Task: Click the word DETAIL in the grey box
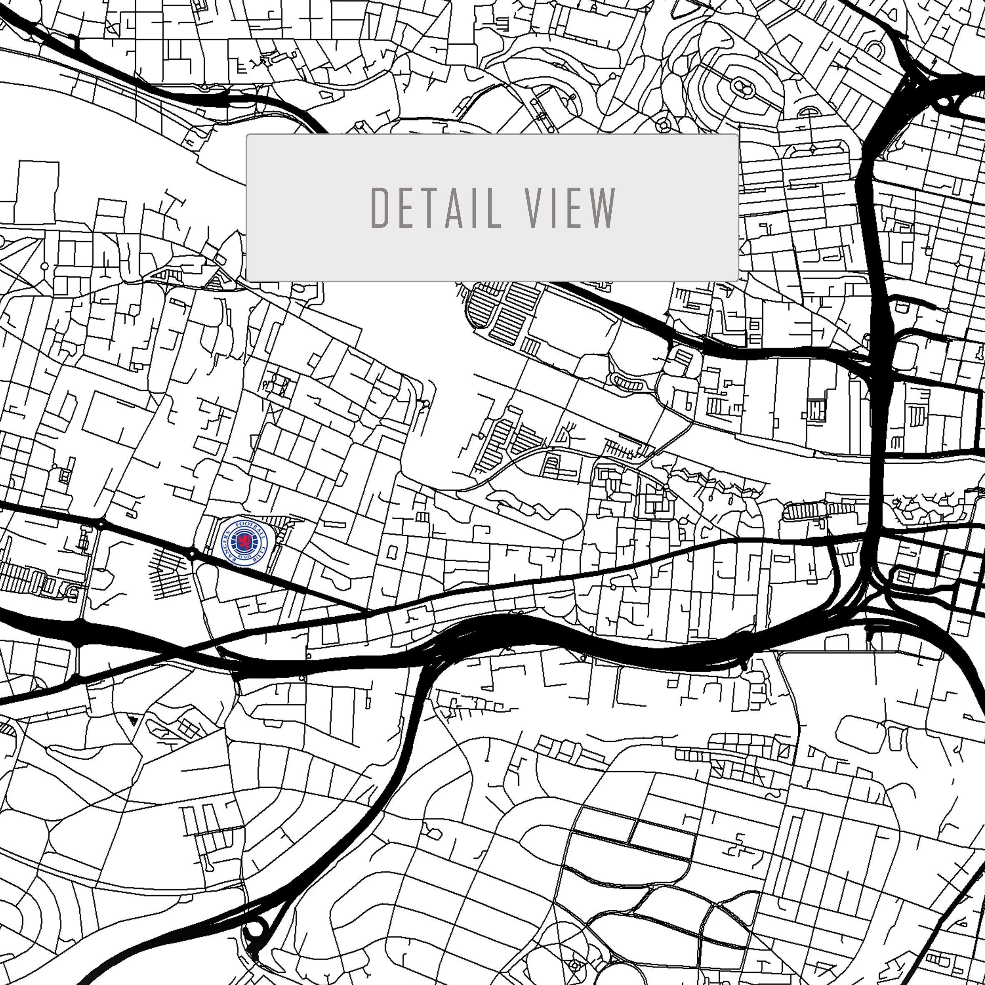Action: [x=436, y=208]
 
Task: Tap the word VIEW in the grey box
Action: [x=570, y=208]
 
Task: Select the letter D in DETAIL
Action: [x=379, y=208]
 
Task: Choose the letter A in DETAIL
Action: [x=454, y=208]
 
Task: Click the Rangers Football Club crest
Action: [x=245, y=541]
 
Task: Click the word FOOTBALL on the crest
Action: [x=251, y=525]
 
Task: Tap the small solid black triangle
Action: [x=133, y=720]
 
